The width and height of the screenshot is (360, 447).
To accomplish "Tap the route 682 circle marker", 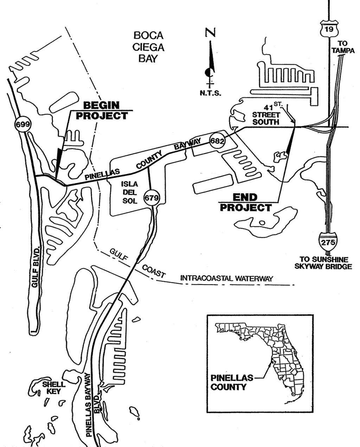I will click(217, 141).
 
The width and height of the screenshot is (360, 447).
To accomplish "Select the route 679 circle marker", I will click(152, 198).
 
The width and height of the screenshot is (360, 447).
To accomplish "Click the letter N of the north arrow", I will click(210, 33).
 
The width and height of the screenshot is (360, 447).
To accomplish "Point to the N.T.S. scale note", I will click(210, 93).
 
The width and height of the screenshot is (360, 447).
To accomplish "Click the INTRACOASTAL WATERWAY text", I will click(226, 278).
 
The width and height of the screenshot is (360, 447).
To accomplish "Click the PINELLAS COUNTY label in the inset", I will click(231, 382).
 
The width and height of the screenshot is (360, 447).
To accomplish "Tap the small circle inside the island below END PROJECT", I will click(262, 222).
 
